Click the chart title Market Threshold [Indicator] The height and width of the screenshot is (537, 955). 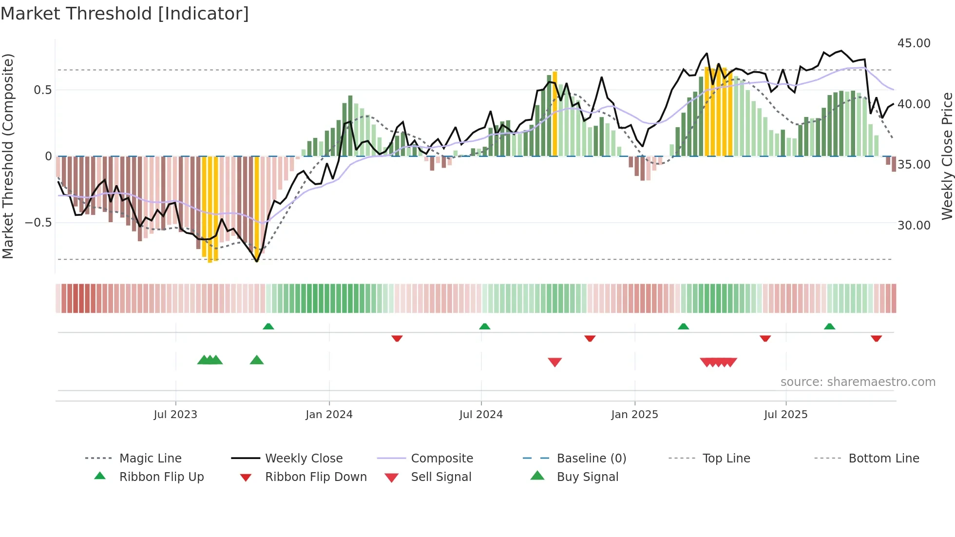pos(125,14)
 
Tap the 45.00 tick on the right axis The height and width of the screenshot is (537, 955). pos(914,43)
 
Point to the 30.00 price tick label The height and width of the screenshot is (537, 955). pos(914,225)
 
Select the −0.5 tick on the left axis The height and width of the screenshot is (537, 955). pos(38,223)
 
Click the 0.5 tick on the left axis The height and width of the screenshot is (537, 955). pos(42,90)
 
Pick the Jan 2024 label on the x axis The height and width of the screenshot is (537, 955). pos(329,414)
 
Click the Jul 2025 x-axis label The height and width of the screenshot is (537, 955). pos(785,414)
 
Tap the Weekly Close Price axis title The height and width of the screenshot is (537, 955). pos(947,156)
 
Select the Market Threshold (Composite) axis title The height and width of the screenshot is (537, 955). pos(8,156)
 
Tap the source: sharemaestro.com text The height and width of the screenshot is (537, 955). pos(858,382)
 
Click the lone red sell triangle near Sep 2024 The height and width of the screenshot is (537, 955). pos(555,362)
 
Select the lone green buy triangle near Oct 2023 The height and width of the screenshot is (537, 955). pos(257,360)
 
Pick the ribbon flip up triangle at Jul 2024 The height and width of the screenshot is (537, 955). pos(484,326)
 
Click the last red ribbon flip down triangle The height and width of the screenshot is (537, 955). pos(876,338)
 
